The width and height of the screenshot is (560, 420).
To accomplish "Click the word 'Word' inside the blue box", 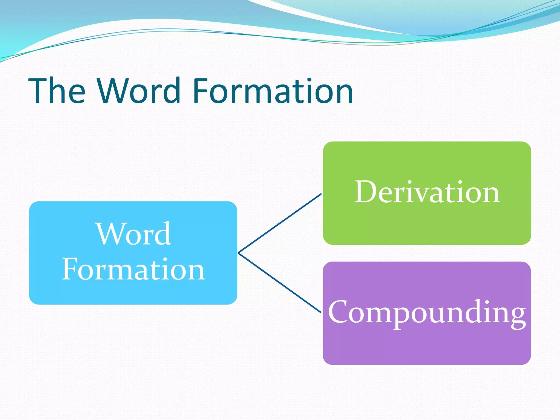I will pyautogui.click(x=134, y=234).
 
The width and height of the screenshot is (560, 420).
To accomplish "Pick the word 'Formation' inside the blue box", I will pyautogui.click(x=133, y=270).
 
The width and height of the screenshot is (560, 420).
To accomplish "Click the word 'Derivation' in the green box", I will pyautogui.click(x=427, y=192).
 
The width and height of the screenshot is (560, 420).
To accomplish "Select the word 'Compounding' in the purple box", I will pyautogui.click(x=427, y=312).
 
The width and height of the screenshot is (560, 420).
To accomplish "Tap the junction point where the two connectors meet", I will pyautogui.click(x=239, y=253).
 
